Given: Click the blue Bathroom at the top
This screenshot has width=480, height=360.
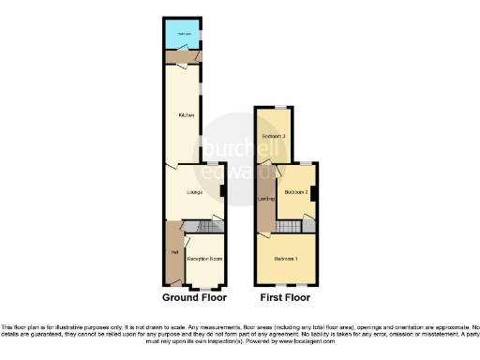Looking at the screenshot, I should click(183, 36).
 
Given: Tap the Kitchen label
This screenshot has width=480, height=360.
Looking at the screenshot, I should click(186, 115).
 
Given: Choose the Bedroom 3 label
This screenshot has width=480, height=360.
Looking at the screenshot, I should click(273, 138).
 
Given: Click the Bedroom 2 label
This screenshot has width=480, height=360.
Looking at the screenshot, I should click(296, 192).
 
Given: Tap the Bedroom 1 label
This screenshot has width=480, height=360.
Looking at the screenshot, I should click(286, 259).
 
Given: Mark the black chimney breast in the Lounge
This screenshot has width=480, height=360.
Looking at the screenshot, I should click(222, 192).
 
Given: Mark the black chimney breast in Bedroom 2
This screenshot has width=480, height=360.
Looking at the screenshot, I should click(314, 194).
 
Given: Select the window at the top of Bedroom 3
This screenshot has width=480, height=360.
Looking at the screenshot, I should click(277, 109).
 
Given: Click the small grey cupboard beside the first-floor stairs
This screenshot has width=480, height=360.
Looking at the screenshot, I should click(308, 225).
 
